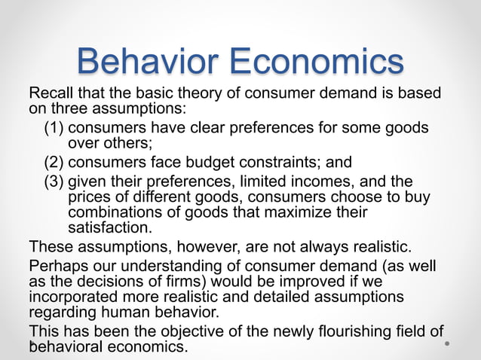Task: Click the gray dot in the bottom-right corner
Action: point(448,345)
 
